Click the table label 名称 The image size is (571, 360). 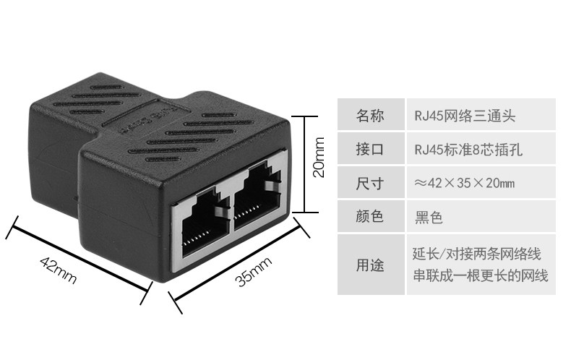point(370,115)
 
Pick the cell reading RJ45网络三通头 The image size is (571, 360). point(465,115)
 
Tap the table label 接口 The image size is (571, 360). point(370,150)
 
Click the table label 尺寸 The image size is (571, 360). point(370,183)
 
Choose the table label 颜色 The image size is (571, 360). point(370,216)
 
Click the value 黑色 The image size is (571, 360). point(429,216)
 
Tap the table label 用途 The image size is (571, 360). point(370,265)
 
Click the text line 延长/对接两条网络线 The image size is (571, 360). point(476,254)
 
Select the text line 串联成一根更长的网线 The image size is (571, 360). point(480,275)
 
